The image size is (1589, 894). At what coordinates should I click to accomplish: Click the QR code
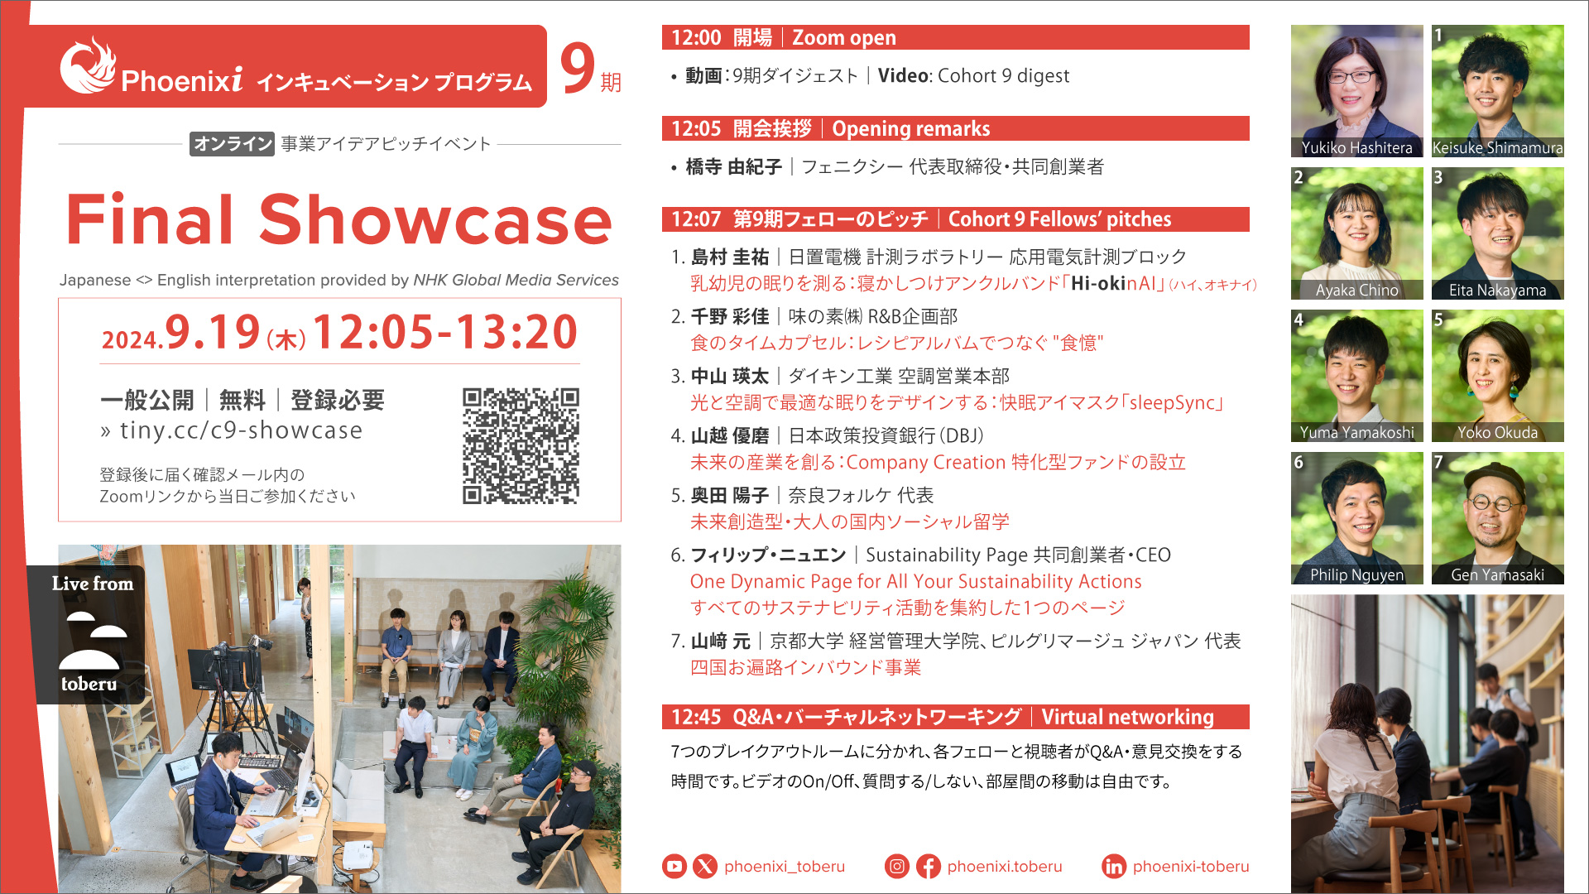click(x=521, y=445)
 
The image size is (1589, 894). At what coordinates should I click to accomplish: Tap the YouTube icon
click(x=674, y=866)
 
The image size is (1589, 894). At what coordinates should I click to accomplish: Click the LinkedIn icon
click(x=1114, y=866)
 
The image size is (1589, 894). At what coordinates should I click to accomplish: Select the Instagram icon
click(x=897, y=866)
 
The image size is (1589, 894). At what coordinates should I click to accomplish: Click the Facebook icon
click(x=929, y=866)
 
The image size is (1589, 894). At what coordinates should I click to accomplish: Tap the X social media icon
click(x=705, y=866)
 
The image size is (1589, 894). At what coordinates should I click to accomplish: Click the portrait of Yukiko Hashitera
click(x=1357, y=91)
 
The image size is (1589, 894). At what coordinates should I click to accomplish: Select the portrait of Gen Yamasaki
click(x=1498, y=518)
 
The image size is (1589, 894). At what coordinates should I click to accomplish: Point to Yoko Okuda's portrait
click(x=1498, y=376)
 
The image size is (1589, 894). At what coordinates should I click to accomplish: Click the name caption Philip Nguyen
click(x=1357, y=574)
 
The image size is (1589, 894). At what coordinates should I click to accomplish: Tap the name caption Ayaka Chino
click(x=1357, y=290)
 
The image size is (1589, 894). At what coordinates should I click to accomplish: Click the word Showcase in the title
click(x=435, y=220)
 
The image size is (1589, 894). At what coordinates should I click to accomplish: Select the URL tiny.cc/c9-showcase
click(x=241, y=430)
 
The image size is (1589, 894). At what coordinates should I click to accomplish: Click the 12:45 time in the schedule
click(x=696, y=717)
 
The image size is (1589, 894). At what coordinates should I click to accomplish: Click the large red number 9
click(x=578, y=68)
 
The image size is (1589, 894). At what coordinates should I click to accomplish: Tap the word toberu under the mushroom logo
click(x=89, y=684)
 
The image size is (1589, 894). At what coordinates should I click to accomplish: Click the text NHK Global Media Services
click(x=516, y=280)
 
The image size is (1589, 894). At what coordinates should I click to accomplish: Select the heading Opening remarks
click(x=911, y=128)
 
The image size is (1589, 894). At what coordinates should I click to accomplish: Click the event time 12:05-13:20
click(x=445, y=332)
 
